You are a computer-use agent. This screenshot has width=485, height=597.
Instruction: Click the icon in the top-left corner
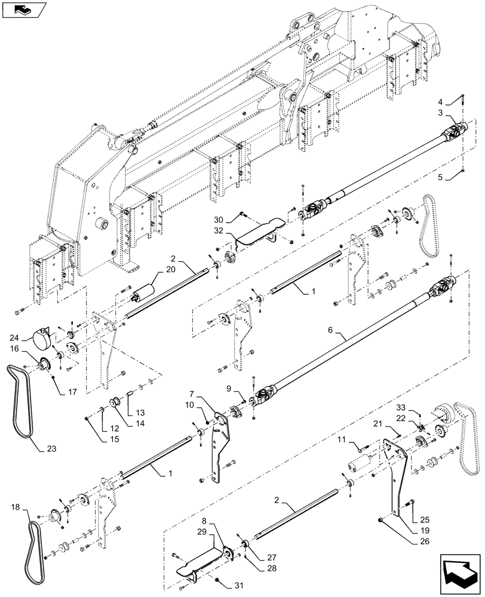[x=22, y=9]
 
